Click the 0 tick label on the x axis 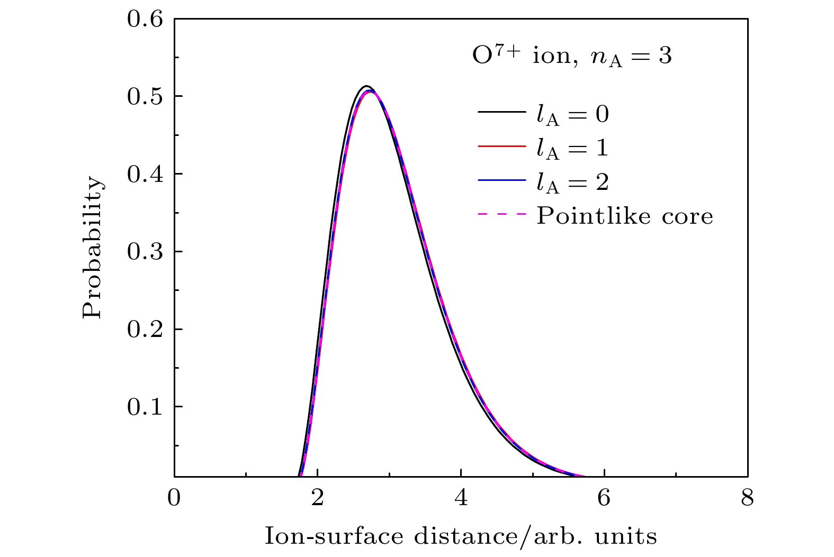[174, 498]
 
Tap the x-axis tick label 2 [318, 498]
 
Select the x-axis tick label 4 [461, 498]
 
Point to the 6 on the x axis [604, 498]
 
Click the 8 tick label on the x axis [747, 498]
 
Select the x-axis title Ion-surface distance [460, 536]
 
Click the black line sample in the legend [501, 112]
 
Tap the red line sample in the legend [501, 146]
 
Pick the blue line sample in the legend [501, 180]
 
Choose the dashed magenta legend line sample [501, 214]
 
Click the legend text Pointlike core [625, 216]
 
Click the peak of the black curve [366, 86]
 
